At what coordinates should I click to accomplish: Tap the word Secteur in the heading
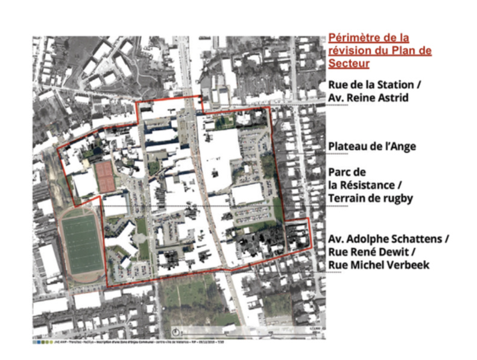tap(348, 63)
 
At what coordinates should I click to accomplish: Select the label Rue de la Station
tap(372, 85)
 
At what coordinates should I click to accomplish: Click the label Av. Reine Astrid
tap(367, 97)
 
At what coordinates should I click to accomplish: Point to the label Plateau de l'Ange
tap(371, 147)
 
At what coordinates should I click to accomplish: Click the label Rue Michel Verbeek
tap(378, 264)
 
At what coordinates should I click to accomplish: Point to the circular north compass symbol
tap(176, 332)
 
